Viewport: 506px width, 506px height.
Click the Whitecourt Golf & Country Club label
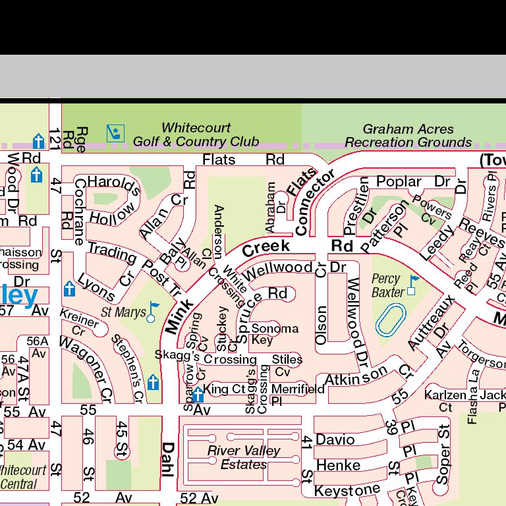pyautogui.click(x=196, y=134)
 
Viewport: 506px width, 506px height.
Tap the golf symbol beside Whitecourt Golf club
pyautogui.click(x=115, y=134)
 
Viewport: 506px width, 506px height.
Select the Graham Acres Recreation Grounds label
pyautogui.click(x=408, y=135)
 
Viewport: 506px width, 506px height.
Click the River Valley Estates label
pyautogui.click(x=244, y=457)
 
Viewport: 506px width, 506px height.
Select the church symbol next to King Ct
pyautogui.click(x=196, y=391)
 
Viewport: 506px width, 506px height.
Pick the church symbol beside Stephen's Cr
pyautogui.click(x=154, y=382)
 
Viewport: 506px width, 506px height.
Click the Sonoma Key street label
pyautogui.click(x=275, y=334)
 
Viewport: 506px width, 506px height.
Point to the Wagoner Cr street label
pyautogui.click(x=86, y=369)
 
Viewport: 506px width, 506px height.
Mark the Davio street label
pyautogui.click(x=335, y=439)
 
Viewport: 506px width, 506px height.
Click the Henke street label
pyautogui.click(x=338, y=465)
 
